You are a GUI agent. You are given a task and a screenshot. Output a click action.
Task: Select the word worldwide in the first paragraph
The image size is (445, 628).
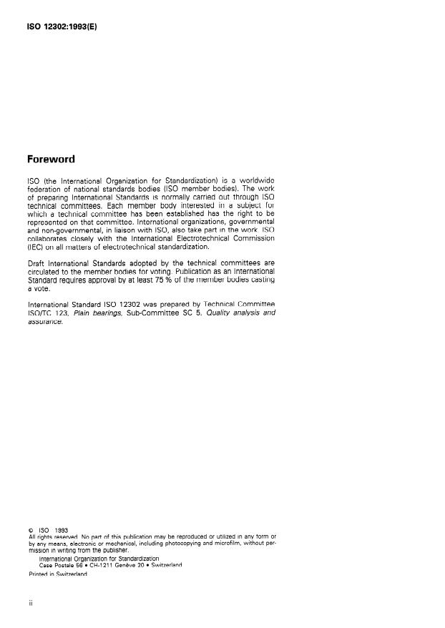[x=256, y=179]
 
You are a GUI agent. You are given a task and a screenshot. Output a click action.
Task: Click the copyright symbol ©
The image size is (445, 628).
[x=31, y=530]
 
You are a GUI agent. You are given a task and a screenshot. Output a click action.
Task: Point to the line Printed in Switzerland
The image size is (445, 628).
[x=58, y=574]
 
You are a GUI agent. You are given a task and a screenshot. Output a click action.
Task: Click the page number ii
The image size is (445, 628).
[x=30, y=603]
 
